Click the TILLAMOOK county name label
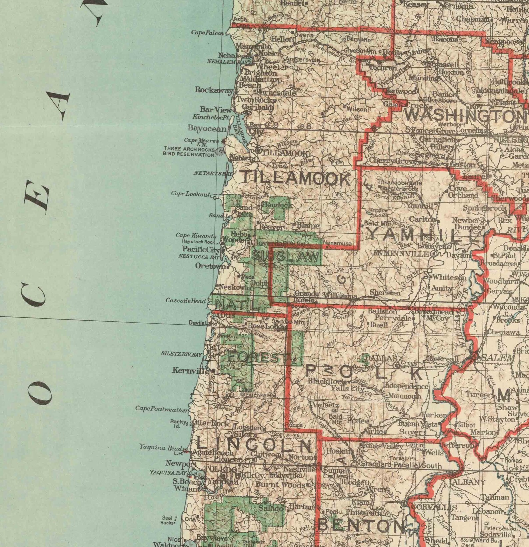click(295, 178)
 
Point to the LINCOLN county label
click(254, 444)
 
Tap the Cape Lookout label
click(191, 194)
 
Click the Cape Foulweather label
click(162, 409)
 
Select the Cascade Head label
click(186, 301)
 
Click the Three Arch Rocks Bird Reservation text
click(189, 152)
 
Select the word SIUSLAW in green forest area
click(285, 256)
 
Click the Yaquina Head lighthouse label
click(161, 448)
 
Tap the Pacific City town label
click(201, 249)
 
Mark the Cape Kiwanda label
click(196, 235)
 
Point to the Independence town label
click(406, 386)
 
